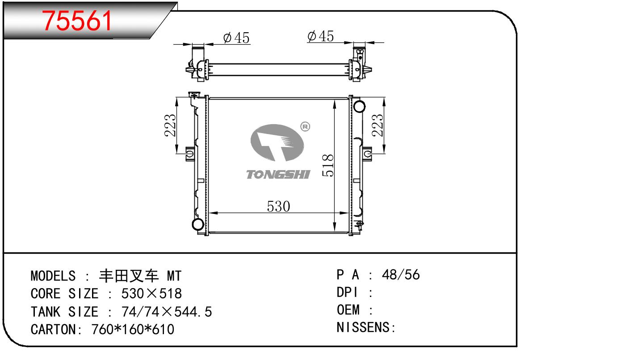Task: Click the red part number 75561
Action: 76,21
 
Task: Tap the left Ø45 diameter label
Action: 236,38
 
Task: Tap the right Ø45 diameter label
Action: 320,36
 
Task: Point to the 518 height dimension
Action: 328,165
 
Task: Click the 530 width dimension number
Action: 278,207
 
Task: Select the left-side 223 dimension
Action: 170,125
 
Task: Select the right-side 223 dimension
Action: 378,125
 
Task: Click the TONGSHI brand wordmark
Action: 278,175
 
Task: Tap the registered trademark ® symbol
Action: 305,126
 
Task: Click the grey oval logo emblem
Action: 277,143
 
